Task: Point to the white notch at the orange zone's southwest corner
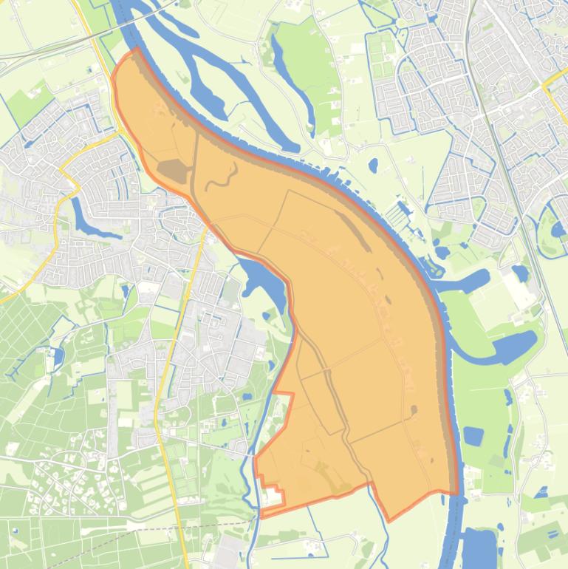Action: pyautogui.click(x=273, y=499)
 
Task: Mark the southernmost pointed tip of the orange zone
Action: pyautogui.click(x=389, y=520)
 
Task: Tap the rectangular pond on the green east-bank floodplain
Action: pyautogui.click(x=473, y=436)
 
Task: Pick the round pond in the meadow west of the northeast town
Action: pyautogui.click(x=372, y=165)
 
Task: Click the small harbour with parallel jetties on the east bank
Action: pyautogui.click(x=403, y=214)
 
